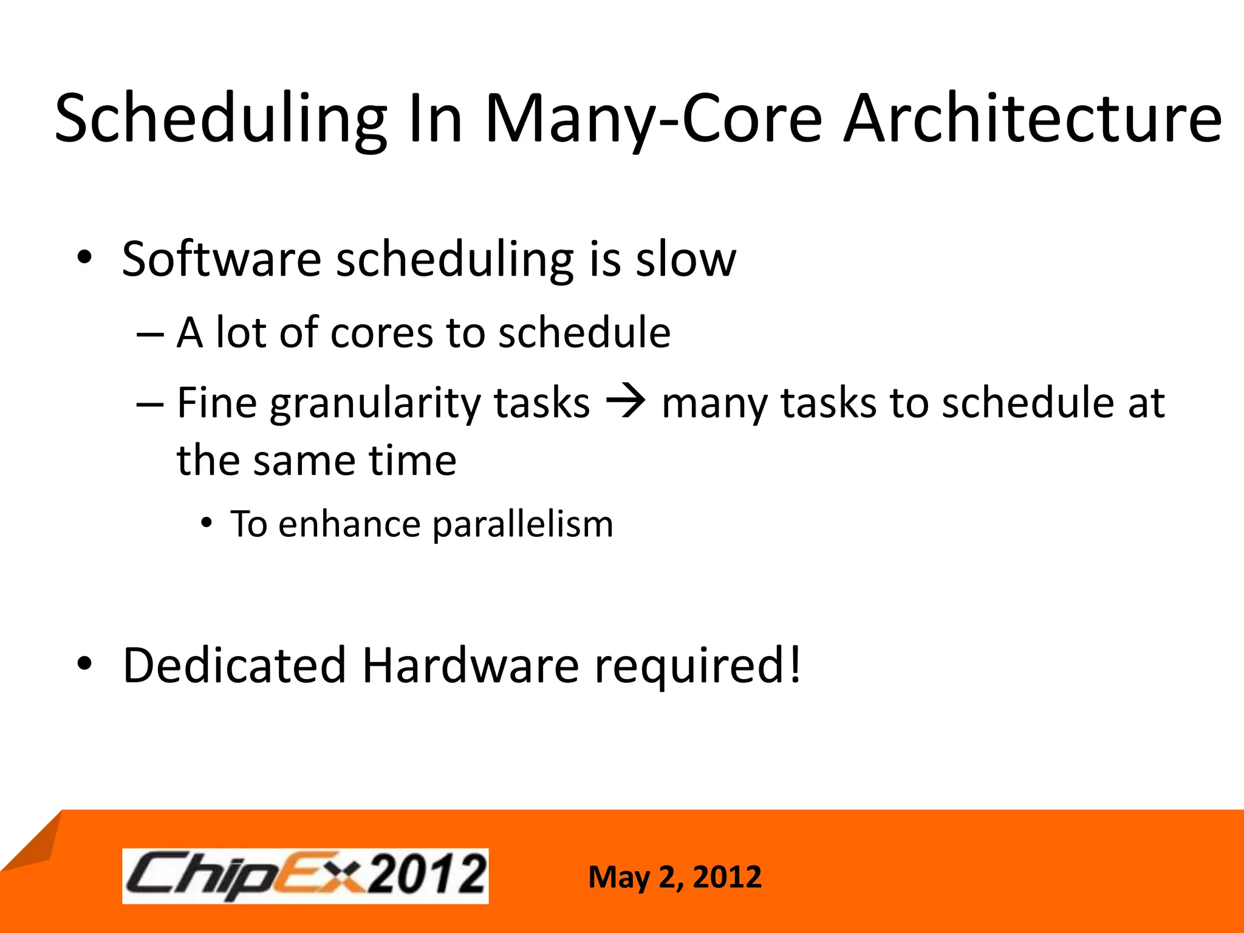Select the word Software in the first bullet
tap(221, 259)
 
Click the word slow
tap(686, 259)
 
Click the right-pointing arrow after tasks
tap(626, 402)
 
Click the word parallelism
tap(523, 524)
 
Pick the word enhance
tap(349, 524)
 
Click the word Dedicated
tap(234, 665)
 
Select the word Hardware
tap(471, 665)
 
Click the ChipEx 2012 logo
tap(306, 875)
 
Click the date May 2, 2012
tap(674, 877)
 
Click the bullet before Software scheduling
tap(84, 258)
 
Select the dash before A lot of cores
tap(150, 334)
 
